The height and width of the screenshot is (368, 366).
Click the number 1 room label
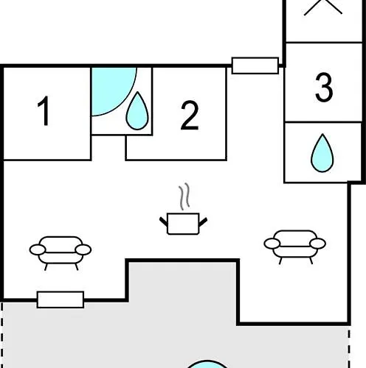tap(44, 111)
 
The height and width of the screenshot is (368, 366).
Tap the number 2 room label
tap(190, 115)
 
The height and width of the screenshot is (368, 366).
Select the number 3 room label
tap(324, 88)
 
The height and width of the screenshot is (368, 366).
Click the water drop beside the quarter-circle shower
tap(137, 111)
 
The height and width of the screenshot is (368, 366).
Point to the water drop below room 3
tap(322, 153)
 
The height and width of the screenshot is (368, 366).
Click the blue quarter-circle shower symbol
tap(111, 88)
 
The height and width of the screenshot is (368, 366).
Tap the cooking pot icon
tap(183, 224)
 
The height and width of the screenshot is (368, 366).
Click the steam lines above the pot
tap(184, 197)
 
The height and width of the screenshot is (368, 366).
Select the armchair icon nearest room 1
tap(61, 253)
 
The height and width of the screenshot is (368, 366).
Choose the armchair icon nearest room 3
tap(295, 247)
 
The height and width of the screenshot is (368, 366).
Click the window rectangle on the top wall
tap(255, 66)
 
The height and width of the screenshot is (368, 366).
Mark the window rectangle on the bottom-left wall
tap(61, 300)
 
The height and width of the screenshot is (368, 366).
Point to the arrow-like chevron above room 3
tap(323, 7)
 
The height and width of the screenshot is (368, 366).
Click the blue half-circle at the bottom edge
tap(208, 365)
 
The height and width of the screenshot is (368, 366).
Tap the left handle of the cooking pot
tap(164, 222)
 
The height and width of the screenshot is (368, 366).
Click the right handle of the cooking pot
tap(203, 222)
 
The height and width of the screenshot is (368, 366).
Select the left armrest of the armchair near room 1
tap(38, 250)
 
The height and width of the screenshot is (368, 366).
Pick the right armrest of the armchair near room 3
tap(318, 244)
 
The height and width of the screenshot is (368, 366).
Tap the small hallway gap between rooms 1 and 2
tap(108, 148)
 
